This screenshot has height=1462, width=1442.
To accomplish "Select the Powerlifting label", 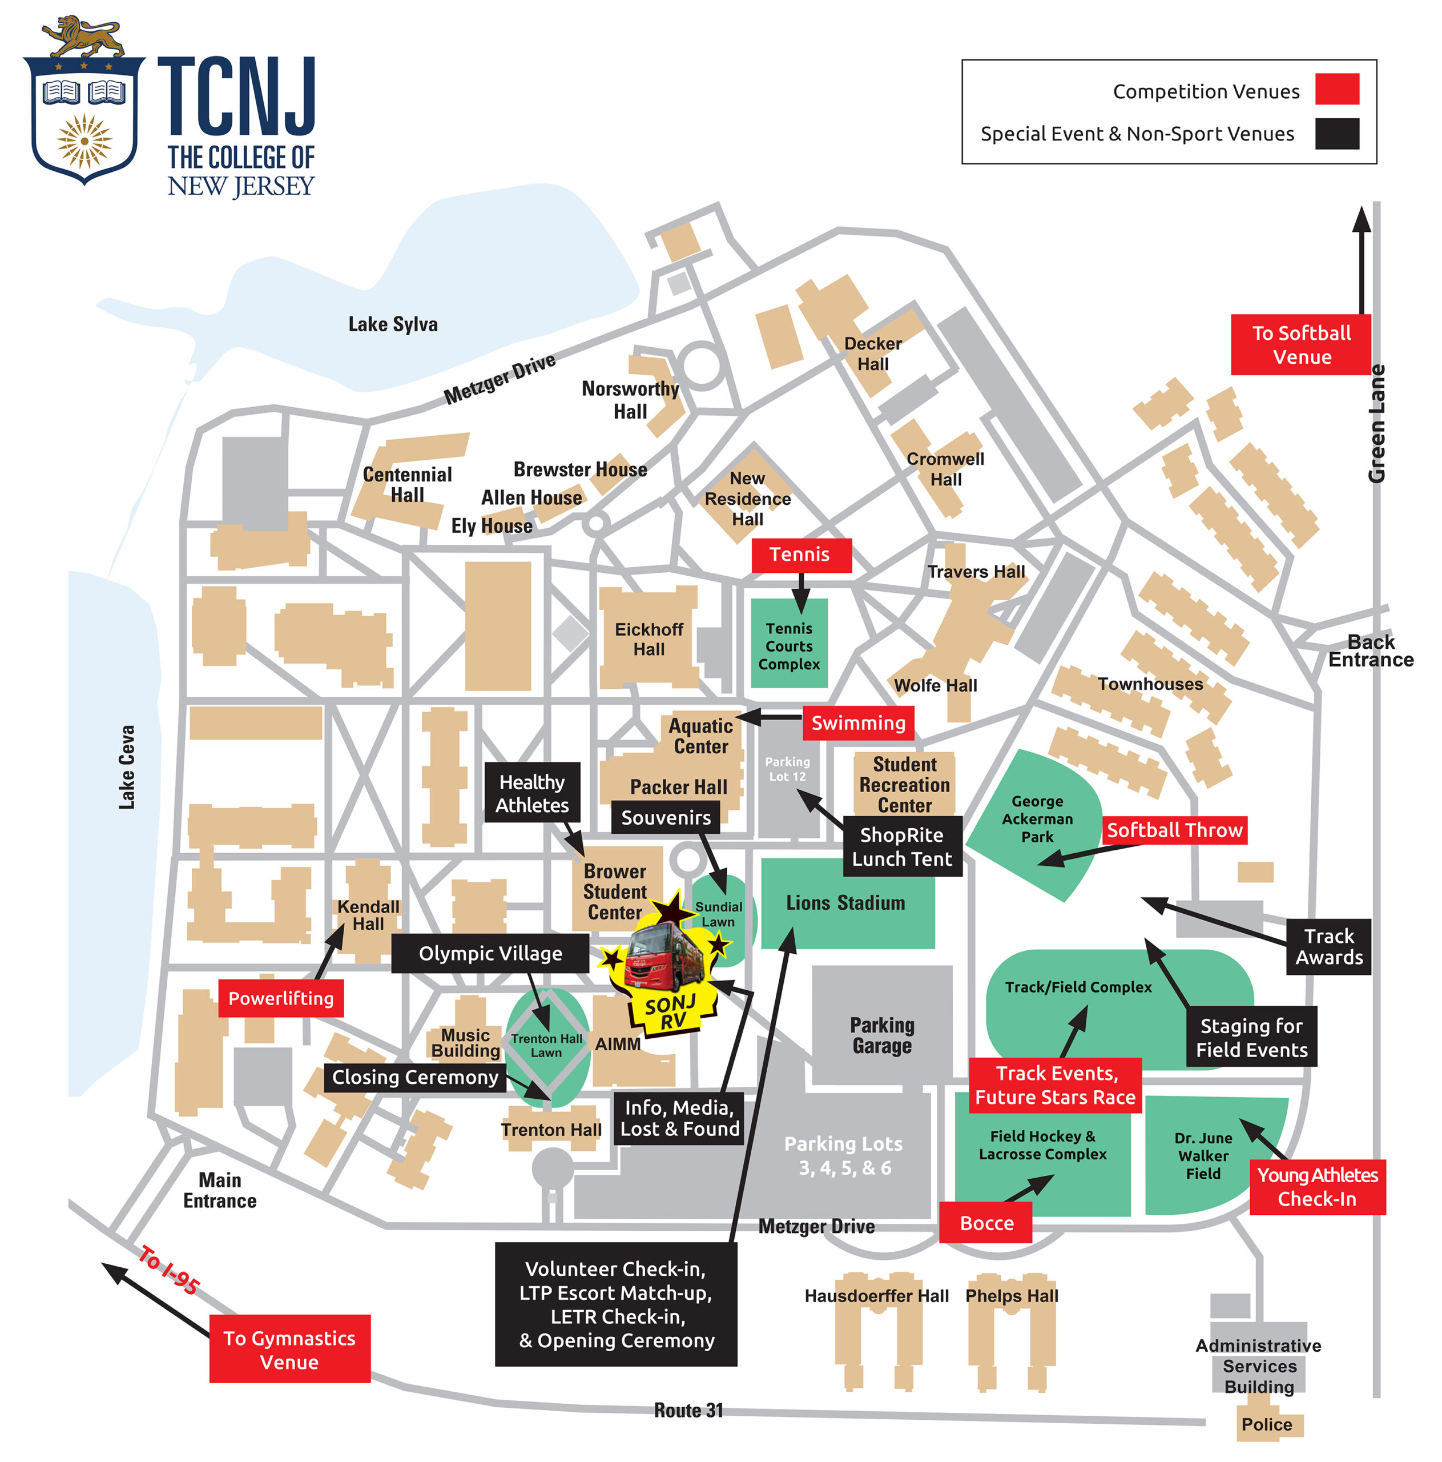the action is (x=281, y=998).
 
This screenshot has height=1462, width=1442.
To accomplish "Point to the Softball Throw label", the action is (x=1174, y=830).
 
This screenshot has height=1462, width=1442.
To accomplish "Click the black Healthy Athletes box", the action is (x=532, y=793).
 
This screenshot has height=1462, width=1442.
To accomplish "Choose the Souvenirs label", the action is (x=666, y=817).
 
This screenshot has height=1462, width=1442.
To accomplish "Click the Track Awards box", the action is (x=1328, y=947).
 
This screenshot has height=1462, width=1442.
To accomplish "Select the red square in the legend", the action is (x=1337, y=89).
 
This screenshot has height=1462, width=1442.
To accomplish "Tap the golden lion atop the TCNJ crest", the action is (x=84, y=37).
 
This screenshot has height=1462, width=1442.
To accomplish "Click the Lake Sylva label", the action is (x=393, y=324).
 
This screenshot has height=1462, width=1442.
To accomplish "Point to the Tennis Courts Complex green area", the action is (x=789, y=643).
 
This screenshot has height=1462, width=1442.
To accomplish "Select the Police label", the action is (x=1267, y=1424).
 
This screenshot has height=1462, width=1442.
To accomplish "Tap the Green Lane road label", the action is (x=1376, y=424).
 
